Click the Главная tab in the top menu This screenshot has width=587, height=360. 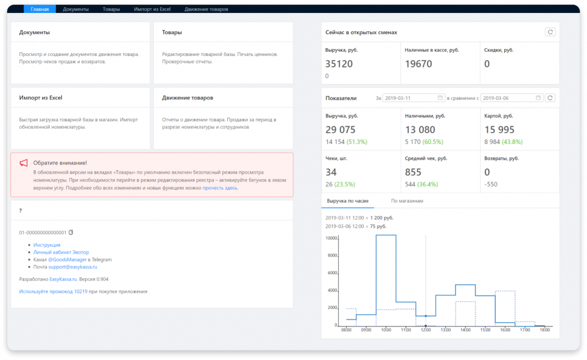(x=40, y=9)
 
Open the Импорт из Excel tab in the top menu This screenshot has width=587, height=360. (x=151, y=9)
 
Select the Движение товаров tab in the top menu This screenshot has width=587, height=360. (x=206, y=9)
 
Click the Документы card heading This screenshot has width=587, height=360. (x=35, y=32)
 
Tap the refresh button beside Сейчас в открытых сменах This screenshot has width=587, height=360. (x=550, y=32)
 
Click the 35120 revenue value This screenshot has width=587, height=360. (x=339, y=64)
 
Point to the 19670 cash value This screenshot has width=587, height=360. (x=419, y=64)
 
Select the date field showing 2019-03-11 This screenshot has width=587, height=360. (x=413, y=97)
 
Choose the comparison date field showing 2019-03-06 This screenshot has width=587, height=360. (x=511, y=97)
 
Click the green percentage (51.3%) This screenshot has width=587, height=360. (x=357, y=142)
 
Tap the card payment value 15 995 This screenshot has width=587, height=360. (x=500, y=130)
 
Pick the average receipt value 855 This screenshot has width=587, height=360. (x=413, y=172)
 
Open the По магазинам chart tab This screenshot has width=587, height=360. (x=407, y=201)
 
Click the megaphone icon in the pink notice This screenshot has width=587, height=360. (x=23, y=163)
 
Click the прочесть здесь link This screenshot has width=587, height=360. (x=220, y=188)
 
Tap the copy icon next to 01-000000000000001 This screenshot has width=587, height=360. (x=71, y=233)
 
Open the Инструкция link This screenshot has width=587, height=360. (x=47, y=245)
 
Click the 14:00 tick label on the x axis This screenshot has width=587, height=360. (x=465, y=331)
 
